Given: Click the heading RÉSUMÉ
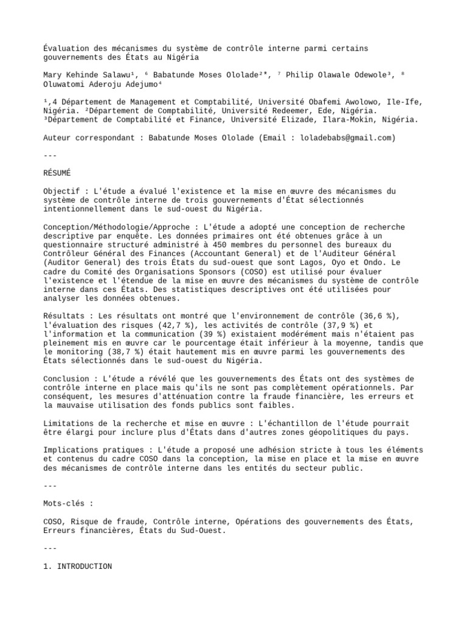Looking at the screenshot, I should (x=57, y=173).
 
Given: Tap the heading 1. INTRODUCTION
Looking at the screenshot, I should (x=77, y=566).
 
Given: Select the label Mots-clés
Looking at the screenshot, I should (x=66, y=504).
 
